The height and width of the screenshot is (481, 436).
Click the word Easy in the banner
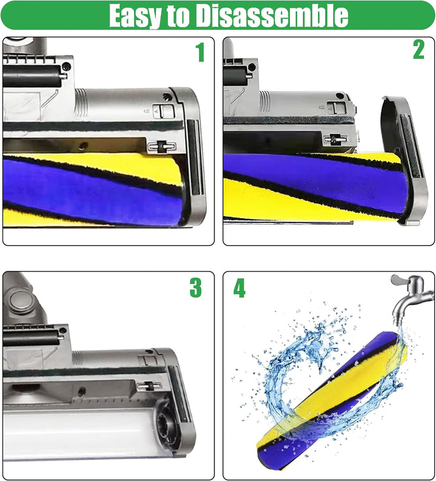point(137,16)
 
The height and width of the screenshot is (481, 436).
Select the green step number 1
point(200,53)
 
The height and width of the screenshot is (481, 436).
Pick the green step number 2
point(418,50)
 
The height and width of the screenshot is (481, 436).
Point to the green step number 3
point(195,288)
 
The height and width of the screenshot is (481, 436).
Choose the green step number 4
point(240,289)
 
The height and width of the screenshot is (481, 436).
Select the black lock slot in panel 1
point(159,147)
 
